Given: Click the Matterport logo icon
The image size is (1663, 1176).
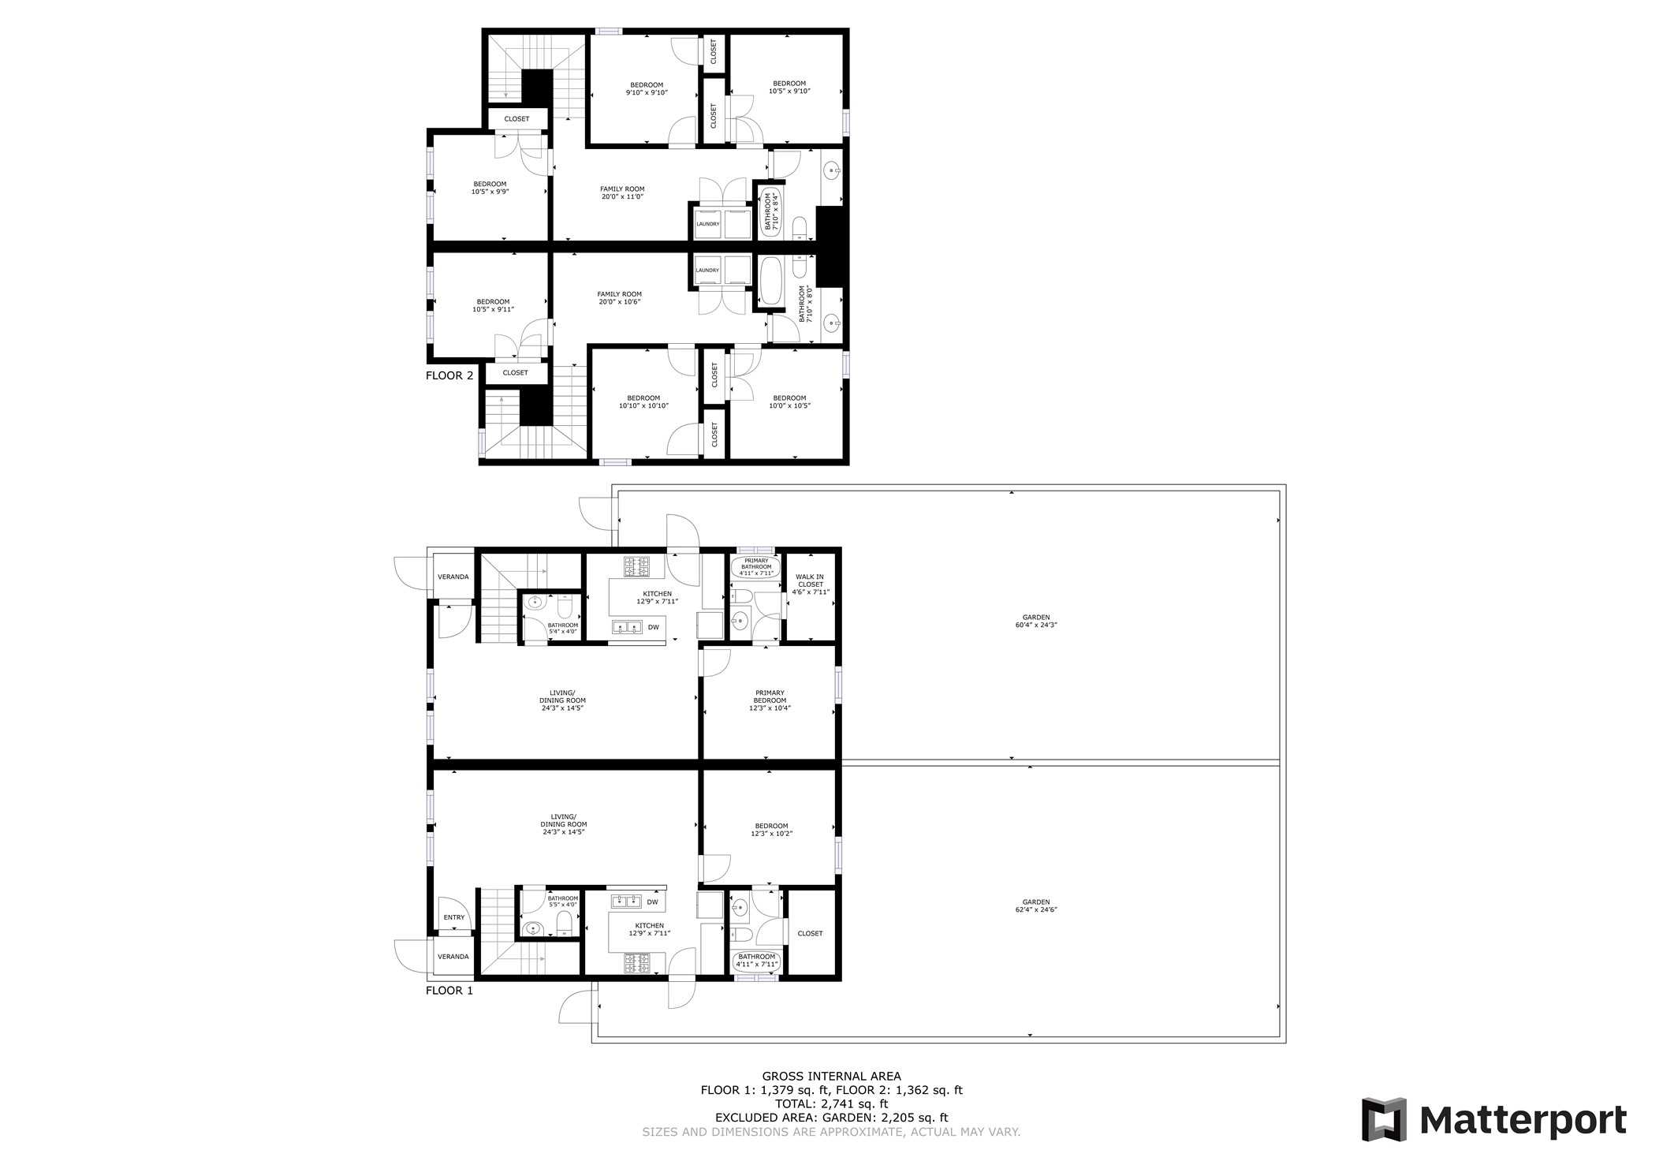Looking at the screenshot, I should coord(1384,1119).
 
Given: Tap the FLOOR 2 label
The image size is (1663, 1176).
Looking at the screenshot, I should coord(449,375).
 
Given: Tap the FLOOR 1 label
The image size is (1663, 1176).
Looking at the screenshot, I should coord(449,991).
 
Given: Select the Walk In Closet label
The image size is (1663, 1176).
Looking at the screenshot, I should coord(810,584).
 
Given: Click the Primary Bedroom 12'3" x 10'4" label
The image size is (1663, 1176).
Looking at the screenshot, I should coord(770,700).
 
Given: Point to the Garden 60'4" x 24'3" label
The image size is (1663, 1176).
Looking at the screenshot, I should coord(1036,622).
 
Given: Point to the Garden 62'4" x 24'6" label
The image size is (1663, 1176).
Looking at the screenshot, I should coord(1036,905).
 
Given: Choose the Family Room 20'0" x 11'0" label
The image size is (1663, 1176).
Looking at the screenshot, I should coord(622,192).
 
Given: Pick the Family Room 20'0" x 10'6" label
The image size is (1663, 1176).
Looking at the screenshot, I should coord(620,297).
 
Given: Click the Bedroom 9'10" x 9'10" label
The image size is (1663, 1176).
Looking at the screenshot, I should coord(647,88).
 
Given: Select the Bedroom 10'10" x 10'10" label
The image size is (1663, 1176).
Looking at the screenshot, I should coord(643,402).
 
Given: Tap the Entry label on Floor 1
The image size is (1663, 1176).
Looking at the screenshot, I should coord(454,917).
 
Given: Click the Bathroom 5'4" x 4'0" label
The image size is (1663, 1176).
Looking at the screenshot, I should coord(563,628).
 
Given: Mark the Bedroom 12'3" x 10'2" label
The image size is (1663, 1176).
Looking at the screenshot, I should coord(770,830).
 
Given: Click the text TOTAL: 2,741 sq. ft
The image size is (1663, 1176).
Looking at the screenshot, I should coord(831,1104).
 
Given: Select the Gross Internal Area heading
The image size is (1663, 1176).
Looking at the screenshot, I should coord(831,1076).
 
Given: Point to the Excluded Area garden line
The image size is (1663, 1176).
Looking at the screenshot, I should coord(831,1118).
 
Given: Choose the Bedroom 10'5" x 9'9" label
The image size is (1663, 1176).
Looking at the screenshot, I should coord(490,188).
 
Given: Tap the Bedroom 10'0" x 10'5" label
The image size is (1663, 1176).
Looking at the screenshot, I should coord(789,401).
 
